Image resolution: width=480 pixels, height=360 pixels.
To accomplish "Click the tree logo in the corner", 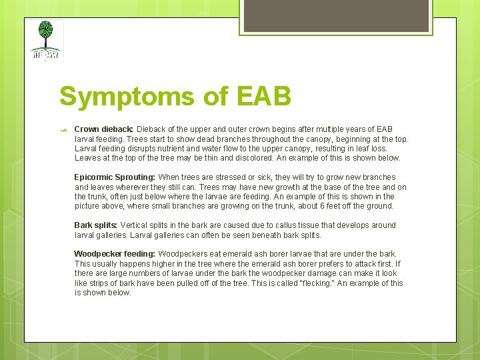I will click(x=46, y=40).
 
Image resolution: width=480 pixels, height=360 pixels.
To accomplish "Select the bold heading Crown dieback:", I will click(x=104, y=129).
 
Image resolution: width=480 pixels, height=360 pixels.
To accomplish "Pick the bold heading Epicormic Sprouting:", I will click(x=115, y=177).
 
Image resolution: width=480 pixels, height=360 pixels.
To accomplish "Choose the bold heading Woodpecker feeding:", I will click(x=115, y=254).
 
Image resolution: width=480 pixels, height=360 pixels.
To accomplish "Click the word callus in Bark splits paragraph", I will click(x=295, y=225).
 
